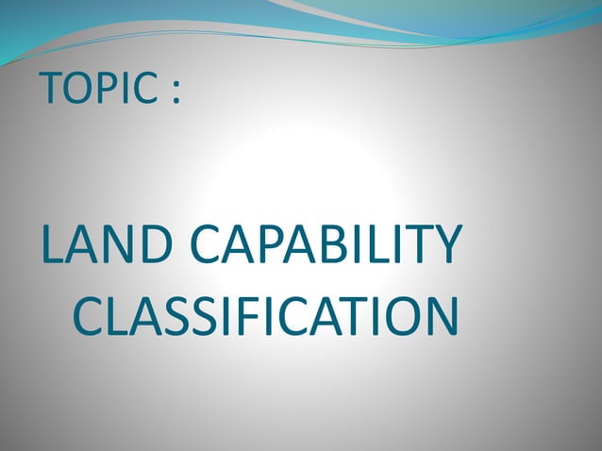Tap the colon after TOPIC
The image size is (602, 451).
tap(175, 92)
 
